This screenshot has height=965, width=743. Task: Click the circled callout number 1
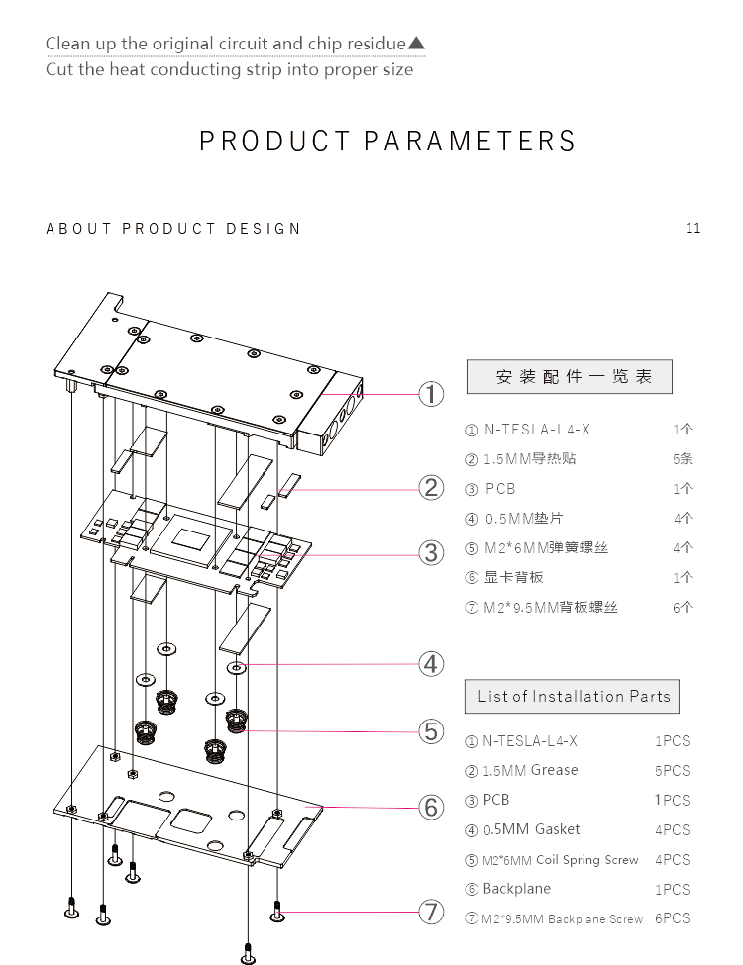[431, 394]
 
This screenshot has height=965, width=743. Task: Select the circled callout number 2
[431, 487]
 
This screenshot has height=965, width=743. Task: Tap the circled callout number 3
[431, 552]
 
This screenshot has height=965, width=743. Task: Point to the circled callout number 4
[431, 663]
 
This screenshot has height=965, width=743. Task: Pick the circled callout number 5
[431, 731]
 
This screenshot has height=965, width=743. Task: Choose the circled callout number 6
[431, 807]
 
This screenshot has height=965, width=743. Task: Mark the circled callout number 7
[431, 912]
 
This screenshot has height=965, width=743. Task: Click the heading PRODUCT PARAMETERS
[387, 142]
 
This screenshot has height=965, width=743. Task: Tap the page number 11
[692, 228]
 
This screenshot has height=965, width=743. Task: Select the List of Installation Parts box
[572, 696]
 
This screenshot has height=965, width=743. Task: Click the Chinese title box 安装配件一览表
[569, 377]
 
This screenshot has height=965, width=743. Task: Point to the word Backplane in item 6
[516, 889]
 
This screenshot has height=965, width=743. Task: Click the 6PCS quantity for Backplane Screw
[672, 918]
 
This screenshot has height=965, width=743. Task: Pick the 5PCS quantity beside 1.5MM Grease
[672, 771]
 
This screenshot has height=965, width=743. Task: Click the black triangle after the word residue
[416, 44]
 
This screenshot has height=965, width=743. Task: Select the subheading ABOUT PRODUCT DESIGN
[173, 229]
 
